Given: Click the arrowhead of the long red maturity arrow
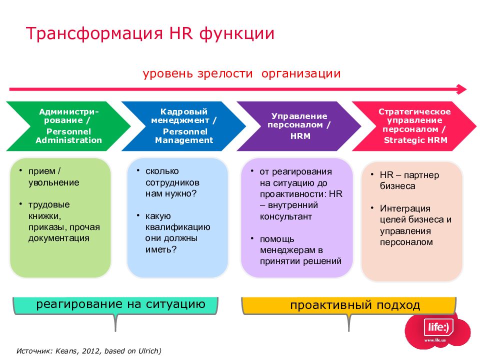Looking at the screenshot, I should pos(461,89).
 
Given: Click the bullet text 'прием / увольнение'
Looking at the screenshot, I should pos(54,177).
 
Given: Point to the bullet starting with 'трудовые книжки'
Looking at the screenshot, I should pos(64,221).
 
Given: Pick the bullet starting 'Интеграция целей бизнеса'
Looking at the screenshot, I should pos(415,225).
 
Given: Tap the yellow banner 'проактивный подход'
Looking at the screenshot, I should pos(348,305).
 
